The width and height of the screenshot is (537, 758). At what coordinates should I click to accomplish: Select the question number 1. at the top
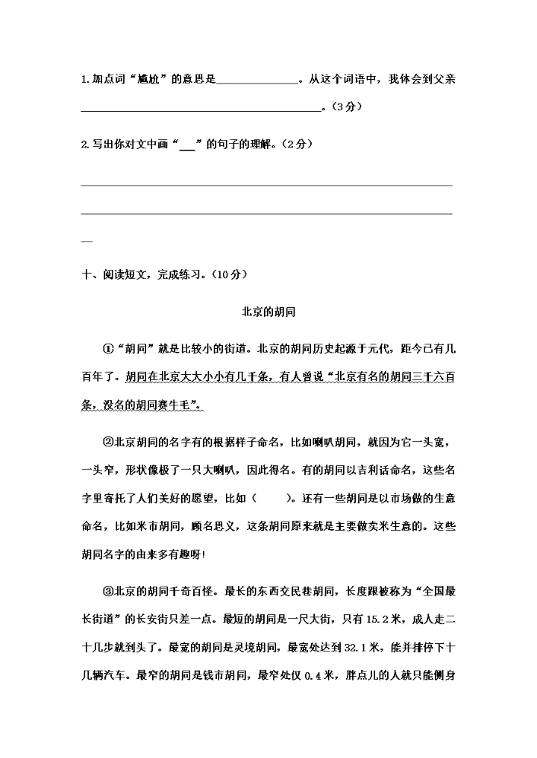point(85,80)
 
